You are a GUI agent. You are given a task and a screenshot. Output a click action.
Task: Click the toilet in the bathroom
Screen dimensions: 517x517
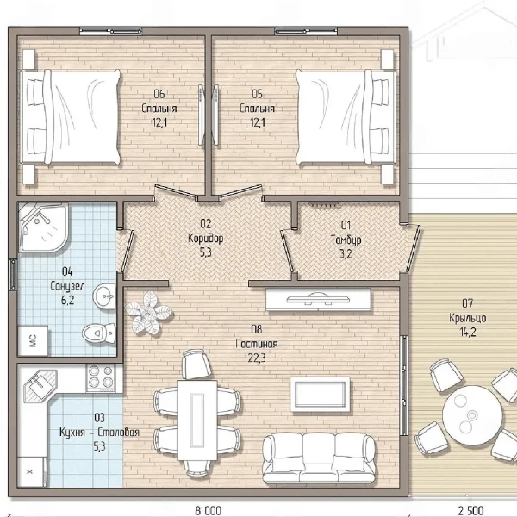[99, 333]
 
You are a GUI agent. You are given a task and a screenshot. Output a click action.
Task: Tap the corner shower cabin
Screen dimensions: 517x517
[43, 227]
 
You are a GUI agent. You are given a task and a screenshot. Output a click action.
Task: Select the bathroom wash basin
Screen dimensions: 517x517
[104, 296]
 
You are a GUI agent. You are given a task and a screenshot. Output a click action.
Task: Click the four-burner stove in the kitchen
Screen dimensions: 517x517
[101, 377]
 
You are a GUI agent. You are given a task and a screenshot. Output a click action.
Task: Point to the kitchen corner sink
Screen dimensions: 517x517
[39, 385]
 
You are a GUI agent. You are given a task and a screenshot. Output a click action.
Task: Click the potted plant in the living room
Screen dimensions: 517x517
[148, 312]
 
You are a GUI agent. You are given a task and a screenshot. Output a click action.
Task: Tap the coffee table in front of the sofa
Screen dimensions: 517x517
[320, 395]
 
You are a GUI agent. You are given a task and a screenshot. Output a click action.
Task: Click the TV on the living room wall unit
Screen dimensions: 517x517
[318, 299]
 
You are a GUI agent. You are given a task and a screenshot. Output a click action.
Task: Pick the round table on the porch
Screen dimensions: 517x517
[472, 415]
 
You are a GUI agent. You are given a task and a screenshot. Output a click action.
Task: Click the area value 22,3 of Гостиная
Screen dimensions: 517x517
[257, 358]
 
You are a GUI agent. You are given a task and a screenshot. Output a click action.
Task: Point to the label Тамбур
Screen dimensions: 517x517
[346, 240]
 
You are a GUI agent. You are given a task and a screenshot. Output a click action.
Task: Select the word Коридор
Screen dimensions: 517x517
[205, 238]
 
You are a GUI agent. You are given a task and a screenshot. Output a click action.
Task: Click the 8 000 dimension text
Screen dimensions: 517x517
[209, 511]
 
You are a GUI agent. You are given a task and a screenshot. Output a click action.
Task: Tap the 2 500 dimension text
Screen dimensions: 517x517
[470, 511]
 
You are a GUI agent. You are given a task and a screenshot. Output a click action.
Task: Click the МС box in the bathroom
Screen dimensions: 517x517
[33, 341]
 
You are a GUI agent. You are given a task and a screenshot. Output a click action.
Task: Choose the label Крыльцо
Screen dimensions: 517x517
[468, 318]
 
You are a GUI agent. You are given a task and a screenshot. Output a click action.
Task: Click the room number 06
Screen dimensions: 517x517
[159, 94]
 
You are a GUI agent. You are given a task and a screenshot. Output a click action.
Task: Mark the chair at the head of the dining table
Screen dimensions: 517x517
[196, 364]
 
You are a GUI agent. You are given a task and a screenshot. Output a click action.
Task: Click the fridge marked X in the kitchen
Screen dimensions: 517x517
[30, 472]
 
